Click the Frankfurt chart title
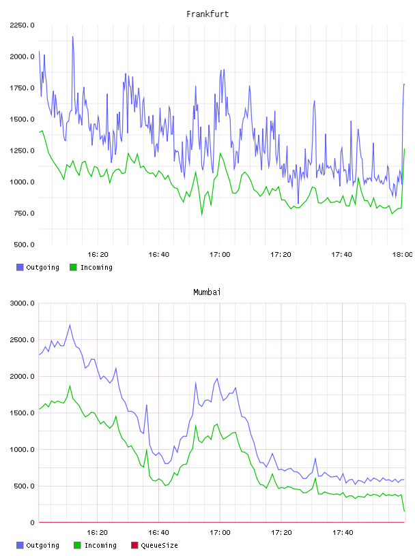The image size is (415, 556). [207, 14]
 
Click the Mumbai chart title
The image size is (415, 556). [207, 292]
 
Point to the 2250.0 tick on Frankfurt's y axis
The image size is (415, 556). [22, 25]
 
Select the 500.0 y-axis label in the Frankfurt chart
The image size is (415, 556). [24, 245]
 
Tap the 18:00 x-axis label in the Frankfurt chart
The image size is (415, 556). [402, 254]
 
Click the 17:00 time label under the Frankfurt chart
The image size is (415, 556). [220, 254]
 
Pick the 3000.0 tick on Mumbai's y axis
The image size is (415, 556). [22, 303]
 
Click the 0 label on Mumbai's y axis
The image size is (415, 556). [32, 523]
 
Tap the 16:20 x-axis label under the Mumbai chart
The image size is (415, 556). [98, 532]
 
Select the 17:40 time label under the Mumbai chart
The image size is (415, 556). [343, 532]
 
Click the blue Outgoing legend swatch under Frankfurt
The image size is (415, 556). [20, 267]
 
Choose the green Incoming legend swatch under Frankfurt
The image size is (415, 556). [73, 267]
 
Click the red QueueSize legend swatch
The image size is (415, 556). [134, 545]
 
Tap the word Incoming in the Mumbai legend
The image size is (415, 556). [100, 545]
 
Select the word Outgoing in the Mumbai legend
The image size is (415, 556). [42, 545]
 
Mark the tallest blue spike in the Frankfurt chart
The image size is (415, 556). [73, 37]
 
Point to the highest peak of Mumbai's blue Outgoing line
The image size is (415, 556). [70, 325]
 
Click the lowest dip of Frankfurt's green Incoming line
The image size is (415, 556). [202, 215]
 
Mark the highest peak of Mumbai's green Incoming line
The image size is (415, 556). [70, 386]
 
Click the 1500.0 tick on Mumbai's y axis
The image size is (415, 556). [22, 413]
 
